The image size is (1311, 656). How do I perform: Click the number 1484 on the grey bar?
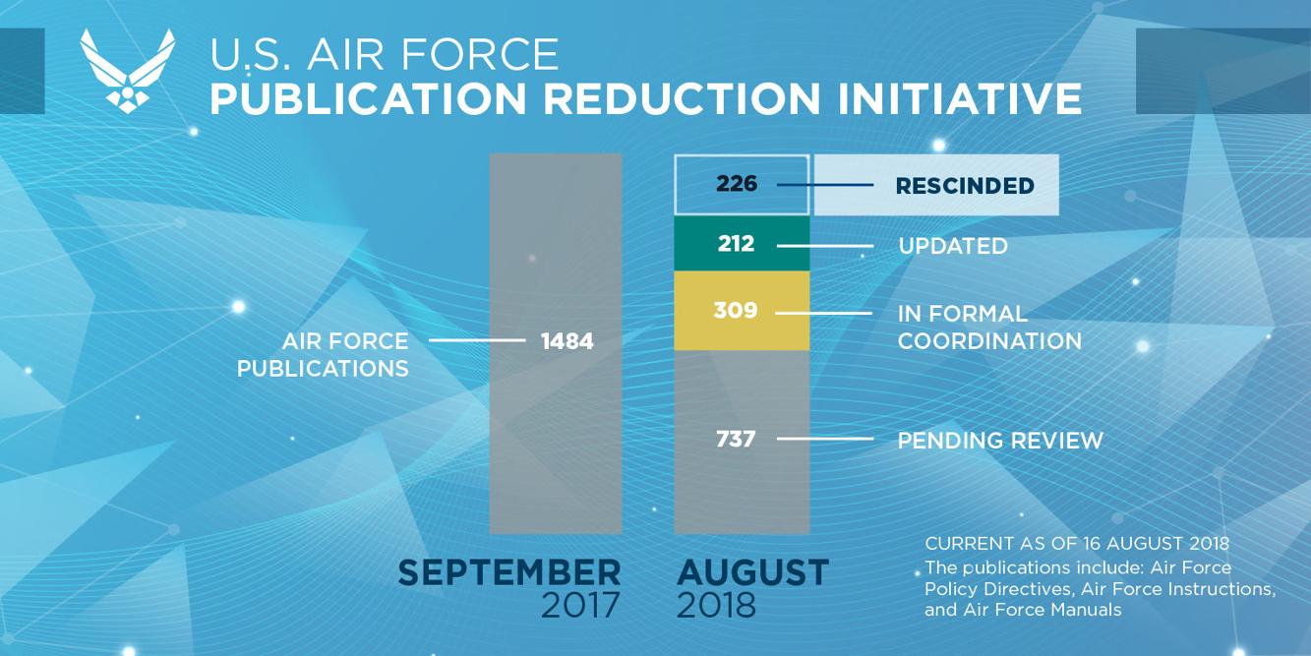pyautogui.click(x=567, y=341)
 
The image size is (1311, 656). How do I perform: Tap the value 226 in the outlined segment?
pyautogui.click(x=737, y=184)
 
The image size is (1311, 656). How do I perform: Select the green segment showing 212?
pyautogui.click(x=742, y=244)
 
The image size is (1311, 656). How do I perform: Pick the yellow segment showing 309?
pyautogui.click(x=742, y=311)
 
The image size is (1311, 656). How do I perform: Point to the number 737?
pyautogui.click(x=736, y=439)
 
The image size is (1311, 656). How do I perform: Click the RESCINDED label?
pyautogui.click(x=964, y=186)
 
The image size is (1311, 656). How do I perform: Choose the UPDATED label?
pyautogui.click(x=952, y=246)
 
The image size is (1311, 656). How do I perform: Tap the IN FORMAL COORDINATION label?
pyautogui.click(x=988, y=328)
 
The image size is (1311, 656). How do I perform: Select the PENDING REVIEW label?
pyautogui.click(x=999, y=441)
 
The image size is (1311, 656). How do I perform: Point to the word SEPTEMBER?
pyautogui.click(x=508, y=572)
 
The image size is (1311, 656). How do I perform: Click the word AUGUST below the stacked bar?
pyautogui.click(x=752, y=572)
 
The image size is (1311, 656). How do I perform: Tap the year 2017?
pyautogui.click(x=580, y=606)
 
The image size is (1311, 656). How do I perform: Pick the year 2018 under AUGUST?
pyautogui.click(x=716, y=606)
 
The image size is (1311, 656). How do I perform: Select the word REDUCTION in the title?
pyautogui.click(x=681, y=99)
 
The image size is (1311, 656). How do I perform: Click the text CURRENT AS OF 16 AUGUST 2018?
pyautogui.click(x=1076, y=544)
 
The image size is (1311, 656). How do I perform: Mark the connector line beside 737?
pyautogui.click(x=824, y=439)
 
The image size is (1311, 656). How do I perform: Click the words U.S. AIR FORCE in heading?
pyautogui.click(x=384, y=54)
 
